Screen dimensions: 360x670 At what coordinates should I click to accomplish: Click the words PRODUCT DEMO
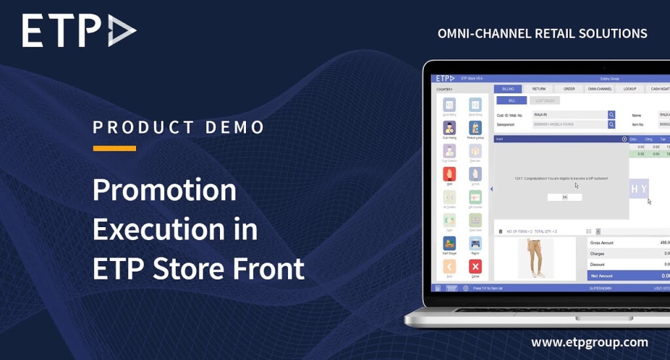point(179,127)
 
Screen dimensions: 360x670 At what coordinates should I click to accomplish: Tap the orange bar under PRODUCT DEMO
point(115,149)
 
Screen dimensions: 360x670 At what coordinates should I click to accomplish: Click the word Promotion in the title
point(164,190)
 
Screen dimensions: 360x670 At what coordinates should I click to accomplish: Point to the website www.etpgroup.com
point(590,342)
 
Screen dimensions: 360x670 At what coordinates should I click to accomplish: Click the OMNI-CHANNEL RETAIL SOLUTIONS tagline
point(542,33)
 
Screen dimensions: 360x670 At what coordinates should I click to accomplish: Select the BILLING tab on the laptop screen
point(508,88)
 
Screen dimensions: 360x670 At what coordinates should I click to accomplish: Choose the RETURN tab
point(538,88)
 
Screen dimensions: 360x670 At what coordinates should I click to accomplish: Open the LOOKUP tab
point(629,88)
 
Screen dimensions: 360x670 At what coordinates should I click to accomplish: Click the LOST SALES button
point(544,101)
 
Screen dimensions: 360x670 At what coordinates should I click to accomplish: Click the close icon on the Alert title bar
point(624,139)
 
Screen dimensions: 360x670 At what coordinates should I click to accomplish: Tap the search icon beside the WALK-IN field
point(611,115)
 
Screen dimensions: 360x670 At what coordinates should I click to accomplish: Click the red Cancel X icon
point(475,266)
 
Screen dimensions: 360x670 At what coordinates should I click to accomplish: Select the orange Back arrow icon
point(450,266)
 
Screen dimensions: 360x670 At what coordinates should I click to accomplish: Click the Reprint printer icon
point(475,243)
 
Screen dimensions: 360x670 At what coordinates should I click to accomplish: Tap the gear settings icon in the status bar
point(466,288)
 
